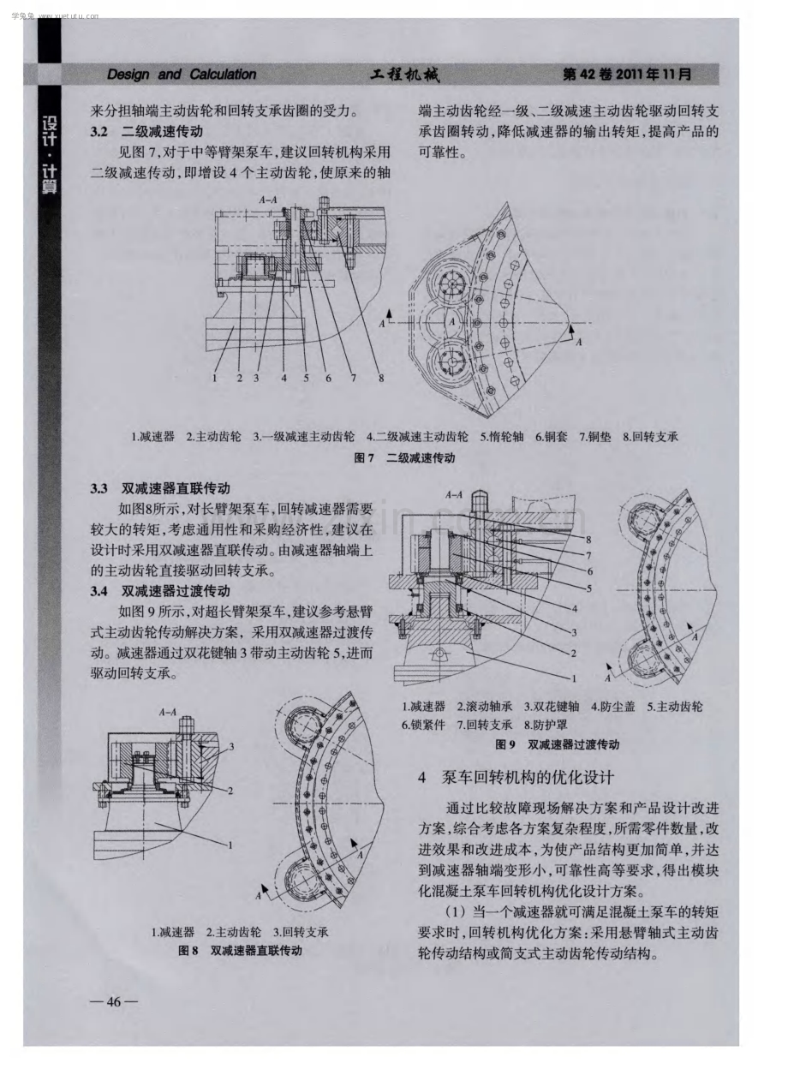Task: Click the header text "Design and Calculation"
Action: point(182,75)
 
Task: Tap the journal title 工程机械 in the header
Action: point(405,75)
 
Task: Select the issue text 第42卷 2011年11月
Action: point(627,74)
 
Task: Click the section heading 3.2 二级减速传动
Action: point(146,132)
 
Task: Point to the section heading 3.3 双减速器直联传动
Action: point(160,488)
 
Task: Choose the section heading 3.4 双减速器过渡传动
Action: point(160,591)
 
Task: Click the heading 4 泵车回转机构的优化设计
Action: point(516,778)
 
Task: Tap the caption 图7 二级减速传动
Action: point(404,458)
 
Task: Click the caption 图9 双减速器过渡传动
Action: point(557,744)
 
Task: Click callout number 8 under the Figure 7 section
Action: point(381,379)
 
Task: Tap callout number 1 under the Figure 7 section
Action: point(215,379)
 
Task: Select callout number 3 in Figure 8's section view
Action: point(231,747)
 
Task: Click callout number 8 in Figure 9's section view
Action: point(588,540)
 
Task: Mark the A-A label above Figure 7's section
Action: point(268,200)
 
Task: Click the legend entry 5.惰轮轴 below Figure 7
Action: point(502,437)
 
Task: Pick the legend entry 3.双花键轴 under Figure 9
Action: point(552,707)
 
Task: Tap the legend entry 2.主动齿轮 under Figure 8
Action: point(233,932)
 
